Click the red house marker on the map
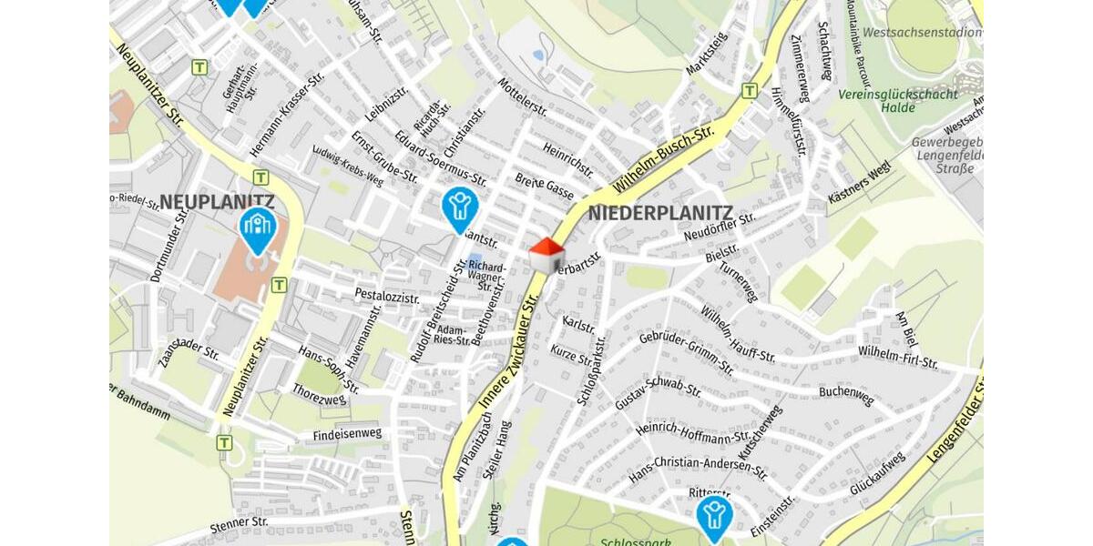(546, 256)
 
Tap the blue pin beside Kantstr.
(460, 208)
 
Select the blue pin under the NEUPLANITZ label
(258, 229)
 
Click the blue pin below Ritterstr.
(714, 517)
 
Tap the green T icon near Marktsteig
(749, 91)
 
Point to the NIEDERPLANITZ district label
(659, 213)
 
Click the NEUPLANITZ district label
(217, 202)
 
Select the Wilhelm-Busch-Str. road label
(663, 159)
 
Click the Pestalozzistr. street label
(387, 297)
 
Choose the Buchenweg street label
(846, 393)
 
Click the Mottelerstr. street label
(518, 101)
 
